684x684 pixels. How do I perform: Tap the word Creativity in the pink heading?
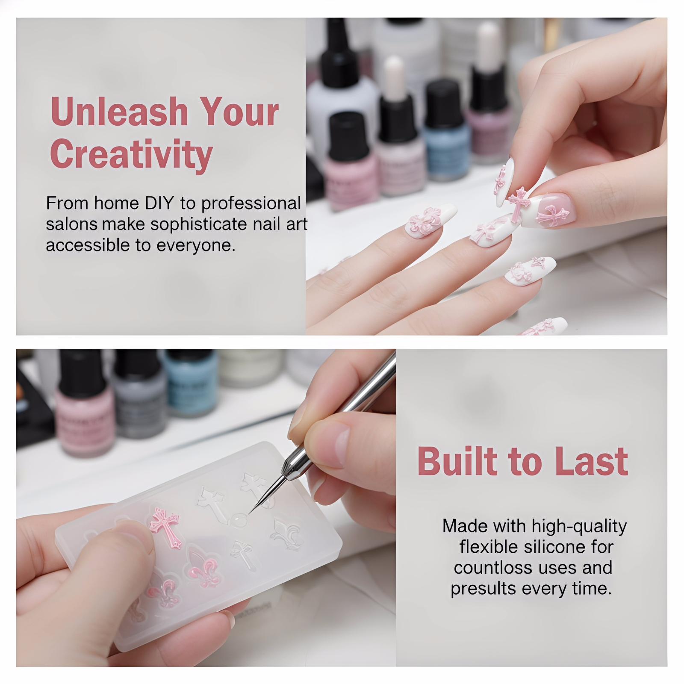coord(131,155)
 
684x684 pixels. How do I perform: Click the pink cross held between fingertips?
coord(518,204)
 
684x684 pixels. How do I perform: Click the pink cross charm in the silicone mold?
coord(165,526)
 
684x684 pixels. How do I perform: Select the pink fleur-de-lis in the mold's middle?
coord(203,566)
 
